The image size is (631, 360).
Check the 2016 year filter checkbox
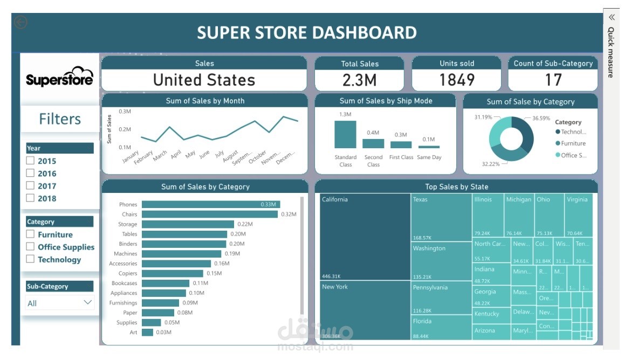pos(31,173)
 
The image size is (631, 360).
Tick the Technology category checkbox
pos(31,259)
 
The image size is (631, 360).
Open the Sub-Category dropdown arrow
pos(88,302)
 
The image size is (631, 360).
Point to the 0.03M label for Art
pos(164,333)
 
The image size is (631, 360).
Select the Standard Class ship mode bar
pos(345,134)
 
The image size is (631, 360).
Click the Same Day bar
pos(429,147)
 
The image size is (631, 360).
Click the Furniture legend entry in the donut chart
pos(573,143)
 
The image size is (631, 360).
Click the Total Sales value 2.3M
pos(360,80)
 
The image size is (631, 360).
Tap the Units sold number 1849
pos(457,80)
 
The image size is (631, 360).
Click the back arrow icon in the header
pos(21,22)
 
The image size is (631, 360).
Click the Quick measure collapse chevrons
pos(612,17)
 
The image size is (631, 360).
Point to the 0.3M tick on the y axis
pos(125,112)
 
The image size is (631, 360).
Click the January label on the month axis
pos(131,157)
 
